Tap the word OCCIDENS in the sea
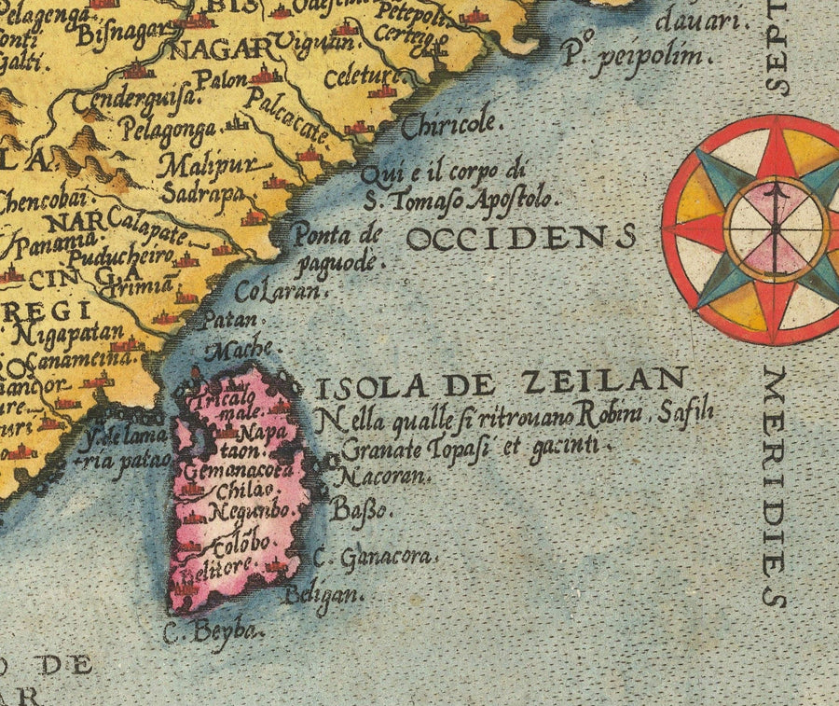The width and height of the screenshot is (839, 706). (x=521, y=238)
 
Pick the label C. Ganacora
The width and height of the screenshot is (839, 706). (x=375, y=558)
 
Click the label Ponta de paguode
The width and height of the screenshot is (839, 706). (x=337, y=248)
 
